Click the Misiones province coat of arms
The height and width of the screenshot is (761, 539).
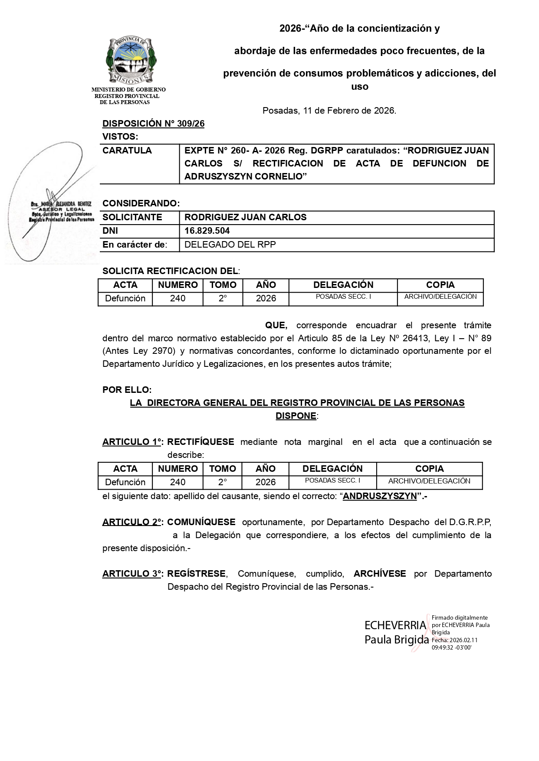pyautogui.click(x=131, y=61)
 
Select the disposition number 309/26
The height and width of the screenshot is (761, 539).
pyautogui.click(x=191, y=124)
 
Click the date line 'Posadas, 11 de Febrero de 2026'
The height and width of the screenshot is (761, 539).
pyautogui.click(x=329, y=111)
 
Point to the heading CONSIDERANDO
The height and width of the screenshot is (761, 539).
pyautogui.click(x=141, y=203)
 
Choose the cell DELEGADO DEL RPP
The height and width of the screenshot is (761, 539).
pyautogui.click(x=230, y=245)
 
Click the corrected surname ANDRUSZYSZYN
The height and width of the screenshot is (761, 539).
pyautogui.click(x=380, y=496)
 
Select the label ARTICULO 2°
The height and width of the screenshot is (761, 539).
pyautogui.click(x=132, y=522)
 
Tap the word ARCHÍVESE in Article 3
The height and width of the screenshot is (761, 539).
pyautogui.click(x=380, y=574)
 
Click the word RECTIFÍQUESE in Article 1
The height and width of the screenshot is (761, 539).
pyautogui.click(x=200, y=442)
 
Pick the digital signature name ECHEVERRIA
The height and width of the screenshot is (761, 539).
pyautogui.click(x=395, y=625)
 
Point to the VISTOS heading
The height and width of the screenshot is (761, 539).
pyautogui.click(x=120, y=137)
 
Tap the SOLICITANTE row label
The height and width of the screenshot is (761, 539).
pyautogui.click(x=132, y=218)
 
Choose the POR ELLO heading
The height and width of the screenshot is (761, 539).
pyautogui.click(x=127, y=390)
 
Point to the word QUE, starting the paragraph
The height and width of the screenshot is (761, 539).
pyautogui.click(x=276, y=325)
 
